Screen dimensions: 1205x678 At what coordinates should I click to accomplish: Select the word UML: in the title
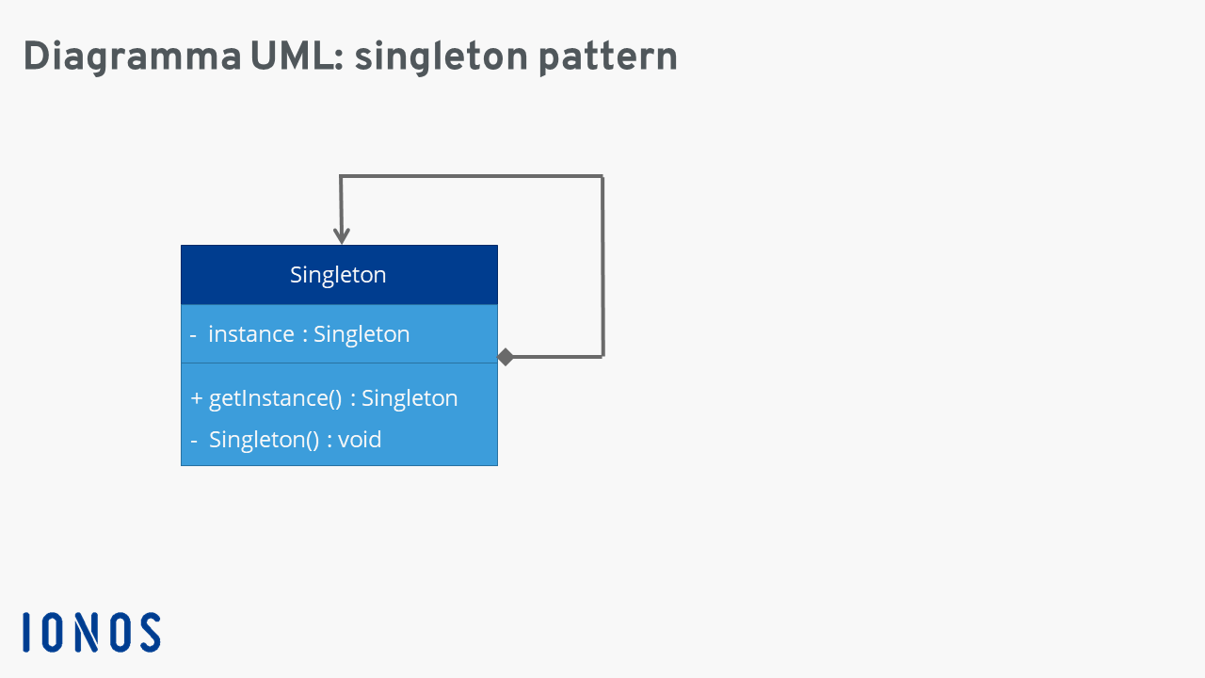click(297, 56)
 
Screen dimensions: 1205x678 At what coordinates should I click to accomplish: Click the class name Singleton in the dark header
click(338, 275)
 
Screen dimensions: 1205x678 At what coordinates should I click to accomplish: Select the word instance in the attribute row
click(251, 334)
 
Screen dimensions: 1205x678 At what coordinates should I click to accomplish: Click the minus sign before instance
click(193, 335)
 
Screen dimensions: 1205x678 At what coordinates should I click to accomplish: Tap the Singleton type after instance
click(361, 334)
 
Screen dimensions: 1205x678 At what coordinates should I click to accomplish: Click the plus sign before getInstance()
click(197, 398)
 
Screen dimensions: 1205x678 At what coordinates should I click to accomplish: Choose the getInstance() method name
click(276, 398)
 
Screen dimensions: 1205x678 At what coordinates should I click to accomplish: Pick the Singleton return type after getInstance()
click(410, 398)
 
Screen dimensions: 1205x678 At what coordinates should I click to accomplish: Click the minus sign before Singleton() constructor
click(194, 441)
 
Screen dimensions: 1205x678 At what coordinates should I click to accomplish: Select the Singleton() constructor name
click(265, 440)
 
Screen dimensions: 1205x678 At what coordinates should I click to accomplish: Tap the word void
click(360, 440)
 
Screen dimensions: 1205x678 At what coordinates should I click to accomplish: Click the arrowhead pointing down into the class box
click(342, 235)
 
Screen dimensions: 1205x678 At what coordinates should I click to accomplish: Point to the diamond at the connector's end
click(506, 357)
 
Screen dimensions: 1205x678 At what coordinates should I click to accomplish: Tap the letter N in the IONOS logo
click(87, 632)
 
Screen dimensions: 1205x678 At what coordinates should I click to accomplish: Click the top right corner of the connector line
click(602, 176)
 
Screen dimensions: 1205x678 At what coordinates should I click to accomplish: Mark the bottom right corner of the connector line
click(603, 356)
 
